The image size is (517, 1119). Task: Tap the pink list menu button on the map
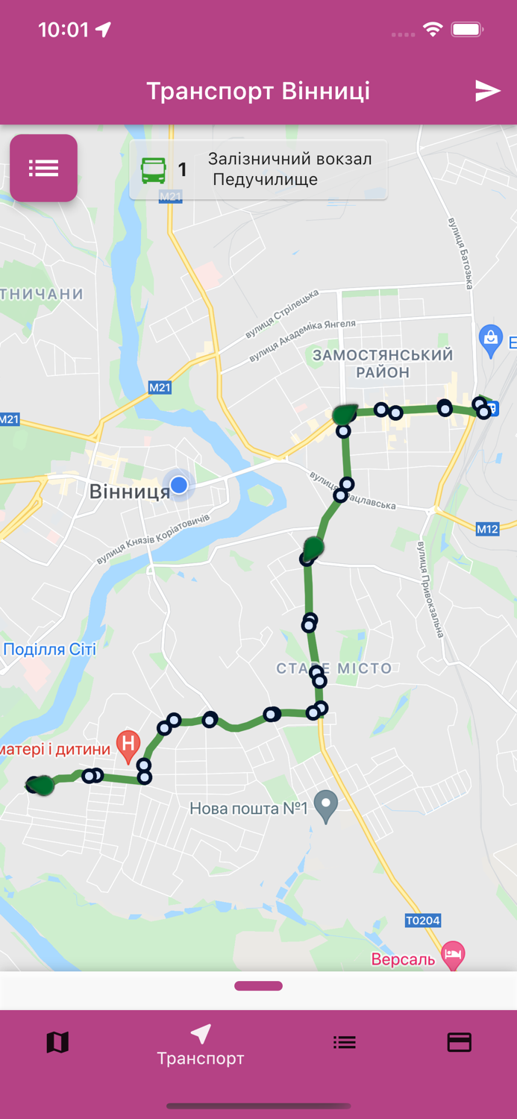pyautogui.click(x=43, y=168)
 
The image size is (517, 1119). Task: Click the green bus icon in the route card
pyautogui.click(x=154, y=170)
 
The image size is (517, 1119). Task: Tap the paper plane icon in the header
pyautogui.click(x=487, y=91)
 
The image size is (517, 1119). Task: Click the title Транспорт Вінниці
pyautogui.click(x=258, y=91)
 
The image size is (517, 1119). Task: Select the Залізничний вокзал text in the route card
pyautogui.click(x=289, y=159)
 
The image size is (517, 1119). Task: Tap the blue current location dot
pyautogui.click(x=179, y=486)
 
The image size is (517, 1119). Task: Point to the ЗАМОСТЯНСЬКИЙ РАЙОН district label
pyautogui.click(x=383, y=363)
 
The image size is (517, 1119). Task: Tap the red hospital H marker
pyautogui.click(x=128, y=745)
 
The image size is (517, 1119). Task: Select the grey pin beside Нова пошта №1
pyautogui.click(x=325, y=806)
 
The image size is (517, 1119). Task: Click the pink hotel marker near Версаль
pyautogui.click(x=453, y=954)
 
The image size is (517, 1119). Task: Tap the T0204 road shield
pyautogui.click(x=422, y=921)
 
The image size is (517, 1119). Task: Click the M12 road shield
pyautogui.click(x=487, y=529)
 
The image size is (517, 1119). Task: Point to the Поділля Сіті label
pyautogui.click(x=49, y=649)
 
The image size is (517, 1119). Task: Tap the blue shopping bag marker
pyautogui.click(x=490, y=339)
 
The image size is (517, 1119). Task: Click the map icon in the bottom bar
pyautogui.click(x=57, y=1042)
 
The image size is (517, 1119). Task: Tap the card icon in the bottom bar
pyautogui.click(x=459, y=1042)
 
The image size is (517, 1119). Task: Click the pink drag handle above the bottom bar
pyautogui.click(x=258, y=986)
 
